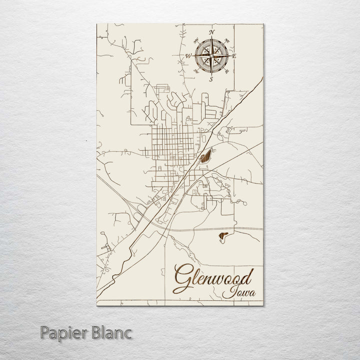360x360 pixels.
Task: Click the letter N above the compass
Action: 211,32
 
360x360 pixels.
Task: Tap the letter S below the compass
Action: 211,79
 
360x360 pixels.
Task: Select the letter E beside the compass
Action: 234,56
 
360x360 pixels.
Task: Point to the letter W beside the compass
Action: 188,56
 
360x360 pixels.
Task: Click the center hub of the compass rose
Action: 211,56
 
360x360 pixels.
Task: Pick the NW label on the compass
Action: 195,40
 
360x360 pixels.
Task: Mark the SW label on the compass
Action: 195,72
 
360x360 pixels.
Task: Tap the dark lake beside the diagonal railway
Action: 205,158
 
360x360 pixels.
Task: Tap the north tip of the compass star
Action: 211,38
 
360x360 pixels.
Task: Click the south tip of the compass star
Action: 211,74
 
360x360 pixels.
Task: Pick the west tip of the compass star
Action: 193,56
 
